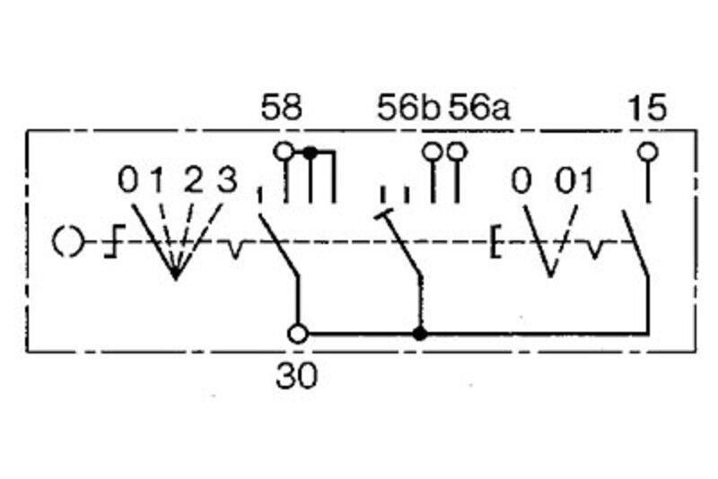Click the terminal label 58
282,108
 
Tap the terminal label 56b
408,108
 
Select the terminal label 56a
478,108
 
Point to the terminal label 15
647,108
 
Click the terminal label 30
296,376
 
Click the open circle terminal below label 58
284,151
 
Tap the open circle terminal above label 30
298,334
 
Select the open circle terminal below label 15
647,151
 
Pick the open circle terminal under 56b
432,151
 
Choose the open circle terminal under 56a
457,151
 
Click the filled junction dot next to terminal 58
311,152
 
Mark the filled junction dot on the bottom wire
419,334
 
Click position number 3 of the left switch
227,179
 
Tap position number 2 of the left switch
193,179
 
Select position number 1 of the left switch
158,179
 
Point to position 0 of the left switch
127,179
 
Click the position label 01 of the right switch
574,180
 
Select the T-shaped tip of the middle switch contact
384,213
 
